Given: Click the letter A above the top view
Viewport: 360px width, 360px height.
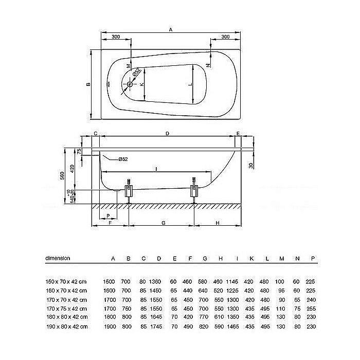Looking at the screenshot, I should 170,30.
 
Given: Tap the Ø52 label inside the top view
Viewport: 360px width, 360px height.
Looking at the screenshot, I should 136,74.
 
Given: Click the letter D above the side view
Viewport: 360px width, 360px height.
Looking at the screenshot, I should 167,134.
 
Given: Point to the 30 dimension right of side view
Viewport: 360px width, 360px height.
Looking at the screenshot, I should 250,165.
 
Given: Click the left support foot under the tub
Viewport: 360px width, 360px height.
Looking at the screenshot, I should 129,191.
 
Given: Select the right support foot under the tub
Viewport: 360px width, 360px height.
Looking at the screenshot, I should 194,191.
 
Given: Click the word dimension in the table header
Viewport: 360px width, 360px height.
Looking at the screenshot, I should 58,258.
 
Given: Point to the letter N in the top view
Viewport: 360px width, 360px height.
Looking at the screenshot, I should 208,65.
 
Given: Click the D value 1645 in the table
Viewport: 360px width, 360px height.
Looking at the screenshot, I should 159,317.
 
